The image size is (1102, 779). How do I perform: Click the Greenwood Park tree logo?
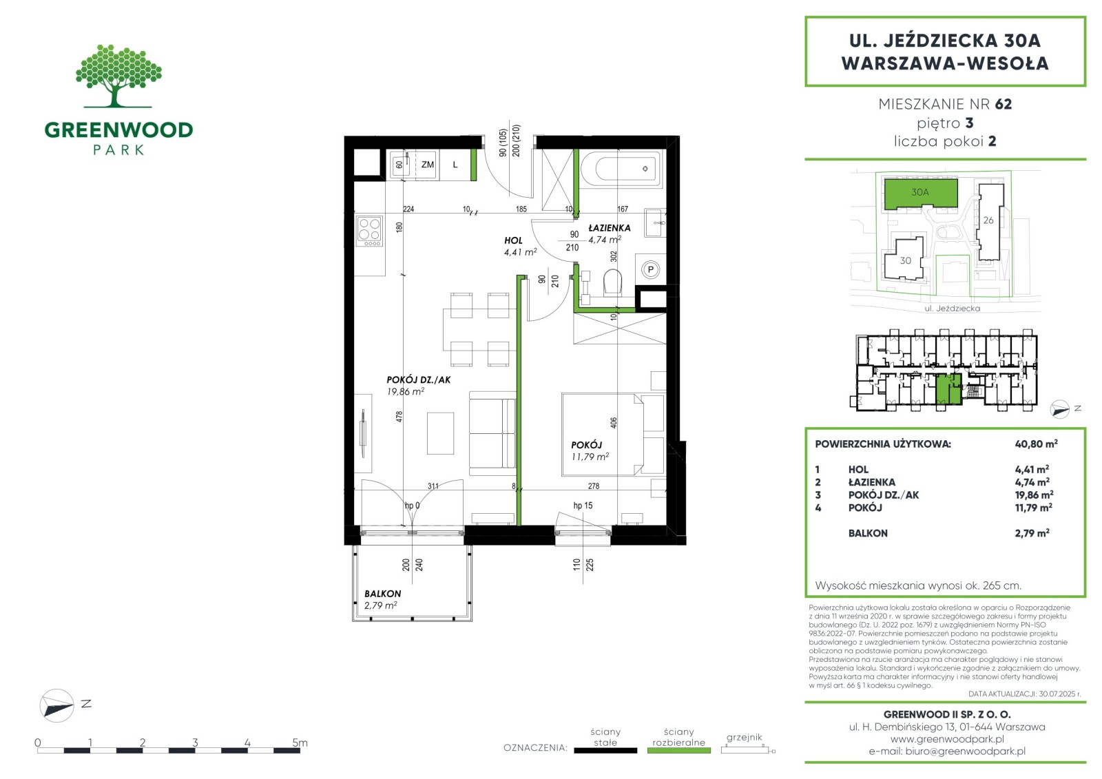(118, 76)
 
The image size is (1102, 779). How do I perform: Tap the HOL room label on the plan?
(513, 240)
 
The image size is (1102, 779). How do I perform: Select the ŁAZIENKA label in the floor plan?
(610, 228)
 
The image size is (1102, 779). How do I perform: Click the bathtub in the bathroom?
(621, 169)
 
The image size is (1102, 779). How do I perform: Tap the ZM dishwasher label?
(428, 165)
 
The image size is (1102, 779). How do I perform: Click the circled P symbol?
(650, 269)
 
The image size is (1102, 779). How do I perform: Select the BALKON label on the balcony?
(383, 594)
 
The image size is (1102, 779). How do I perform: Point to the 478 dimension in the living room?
(399, 416)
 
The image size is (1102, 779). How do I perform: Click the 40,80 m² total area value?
(1036, 444)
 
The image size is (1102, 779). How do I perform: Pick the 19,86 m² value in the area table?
(1034, 495)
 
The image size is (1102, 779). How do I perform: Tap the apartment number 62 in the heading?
(1003, 104)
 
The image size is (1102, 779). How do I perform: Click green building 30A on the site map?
(920, 193)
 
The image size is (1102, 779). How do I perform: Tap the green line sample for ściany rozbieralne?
(679, 751)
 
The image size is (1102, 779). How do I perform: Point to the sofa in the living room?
(492, 433)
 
